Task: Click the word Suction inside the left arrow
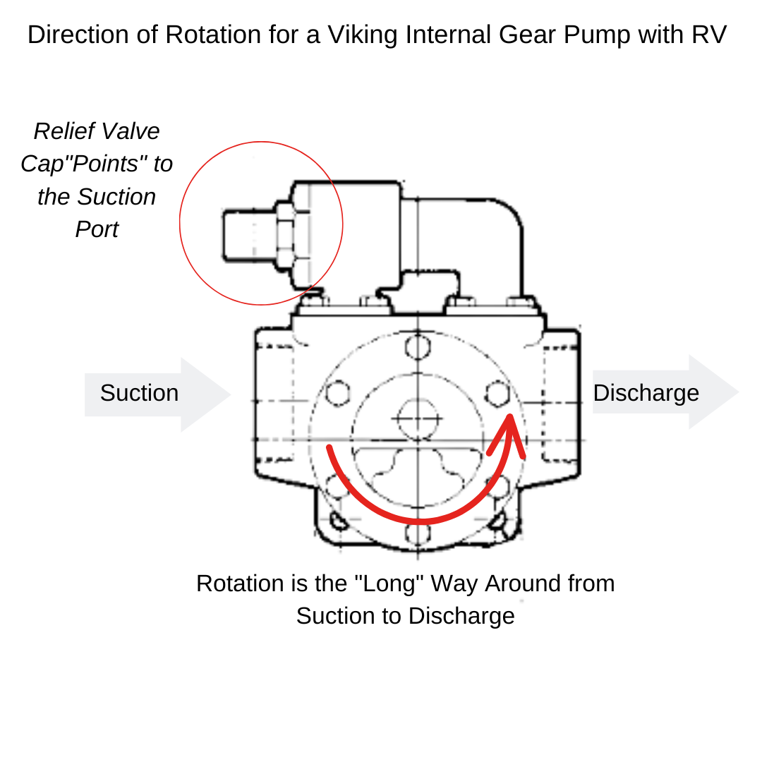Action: click(139, 393)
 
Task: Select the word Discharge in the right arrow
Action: click(646, 393)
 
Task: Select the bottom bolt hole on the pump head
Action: click(417, 534)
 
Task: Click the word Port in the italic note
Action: click(97, 229)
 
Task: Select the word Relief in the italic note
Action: click(65, 131)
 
